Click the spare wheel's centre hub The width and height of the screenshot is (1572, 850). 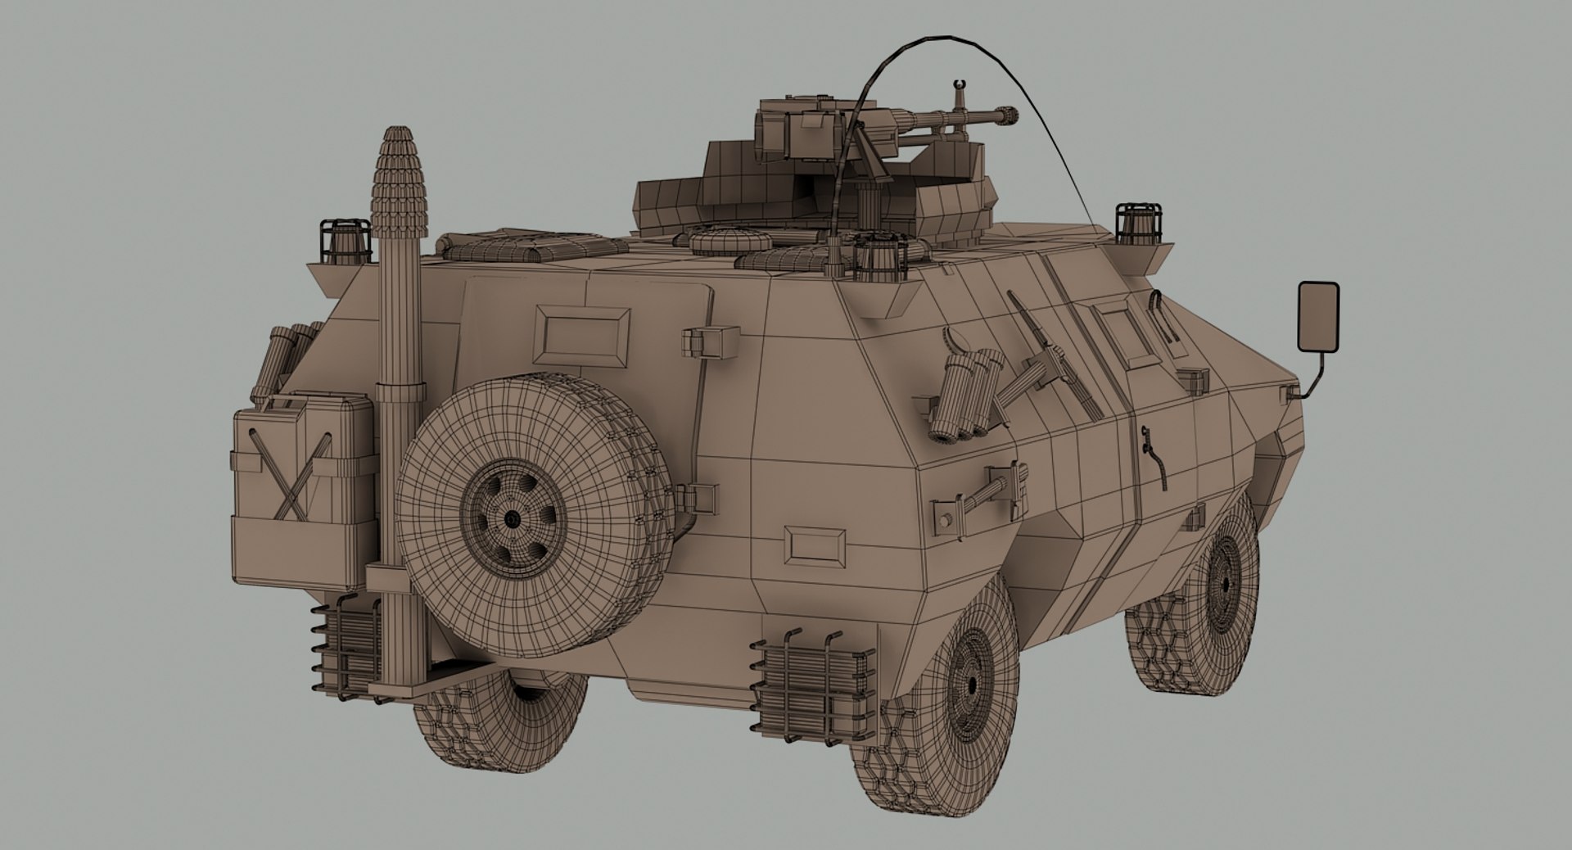pyautogui.click(x=513, y=519)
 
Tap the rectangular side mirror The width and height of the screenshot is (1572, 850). pyautogui.click(x=1318, y=316)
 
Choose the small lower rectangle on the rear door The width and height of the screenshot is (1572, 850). pyautogui.click(x=815, y=545)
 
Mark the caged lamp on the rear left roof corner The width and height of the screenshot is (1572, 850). pyautogui.click(x=345, y=241)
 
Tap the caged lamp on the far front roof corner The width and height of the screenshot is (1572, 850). pyautogui.click(x=1138, y=222)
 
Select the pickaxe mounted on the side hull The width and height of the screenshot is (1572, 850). pyautogui.click(x=1040, y=352)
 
